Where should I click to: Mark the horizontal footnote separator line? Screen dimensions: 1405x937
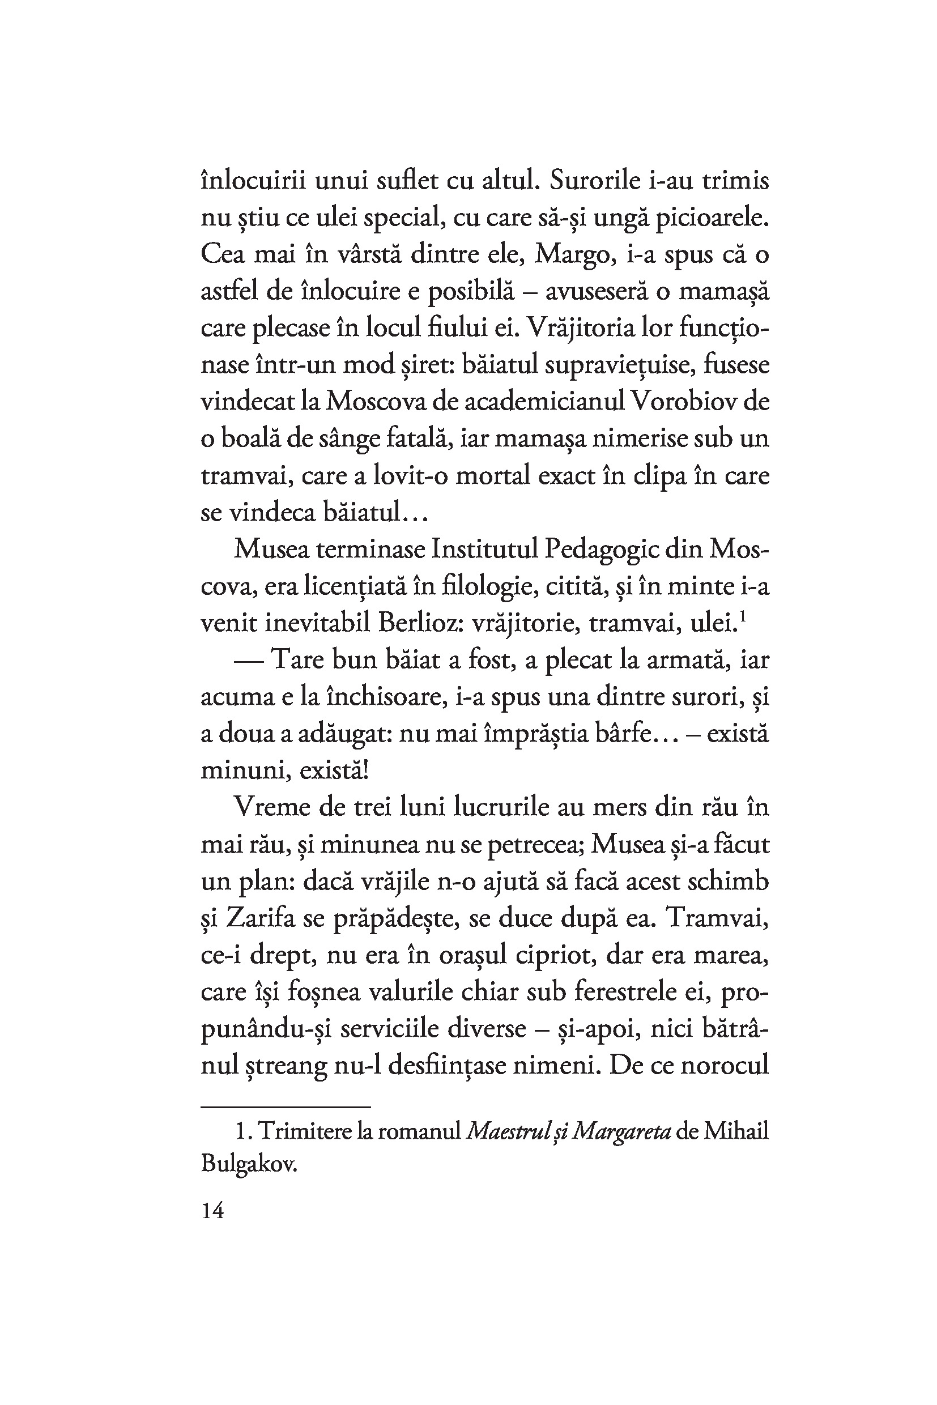coord(286,1106)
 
